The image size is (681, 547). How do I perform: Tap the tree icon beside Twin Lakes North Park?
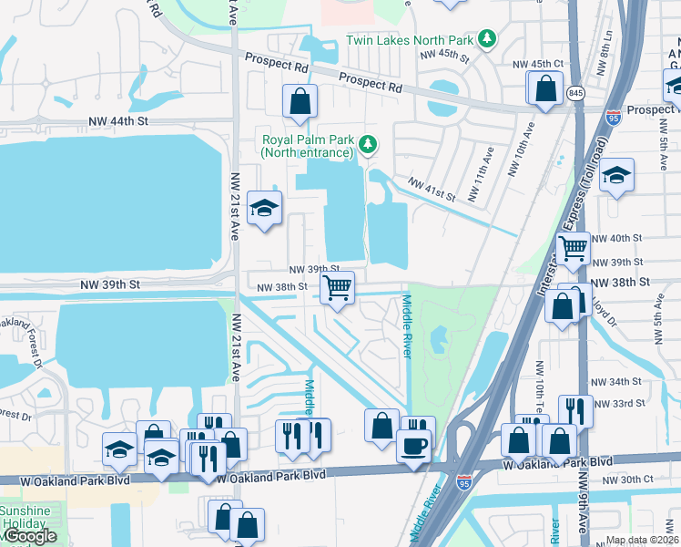[488, 38]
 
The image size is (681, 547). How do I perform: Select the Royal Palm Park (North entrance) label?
[307, 147]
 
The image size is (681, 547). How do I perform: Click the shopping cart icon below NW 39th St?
[338, 288]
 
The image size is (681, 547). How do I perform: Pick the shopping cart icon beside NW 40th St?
[573, 247]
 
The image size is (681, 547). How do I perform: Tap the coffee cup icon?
[413, 446]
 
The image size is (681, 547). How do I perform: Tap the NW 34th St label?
[616, 381]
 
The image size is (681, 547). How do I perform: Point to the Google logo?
[29, 537]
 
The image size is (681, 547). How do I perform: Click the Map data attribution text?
[641, 540]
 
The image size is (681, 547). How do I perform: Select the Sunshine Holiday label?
[25, 517]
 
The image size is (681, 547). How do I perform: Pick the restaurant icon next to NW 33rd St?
[574, 409]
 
